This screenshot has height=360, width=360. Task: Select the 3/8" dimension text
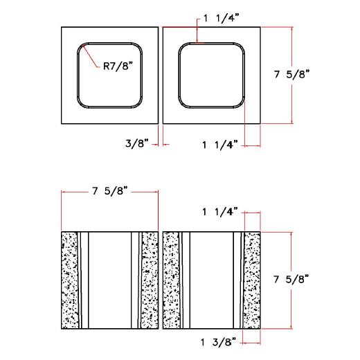tap(137, 144)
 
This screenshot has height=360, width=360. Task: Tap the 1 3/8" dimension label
tap(219, 341)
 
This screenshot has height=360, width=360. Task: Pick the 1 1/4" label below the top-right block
tap(219, 144)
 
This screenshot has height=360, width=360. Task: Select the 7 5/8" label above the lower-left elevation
tap(111, 192)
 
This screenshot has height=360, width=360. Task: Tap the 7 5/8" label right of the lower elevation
tap(291, 279)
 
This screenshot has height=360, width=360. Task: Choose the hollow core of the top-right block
tap(211, 75)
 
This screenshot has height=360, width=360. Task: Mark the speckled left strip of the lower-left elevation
tap(69, 280)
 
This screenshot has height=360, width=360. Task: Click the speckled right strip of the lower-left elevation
tap(149, 280)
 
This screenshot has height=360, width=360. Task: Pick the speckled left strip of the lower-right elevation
tap(170, 280)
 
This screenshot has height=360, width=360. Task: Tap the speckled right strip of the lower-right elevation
tap(252, 280)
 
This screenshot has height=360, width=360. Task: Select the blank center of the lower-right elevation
tap(211, 280)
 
